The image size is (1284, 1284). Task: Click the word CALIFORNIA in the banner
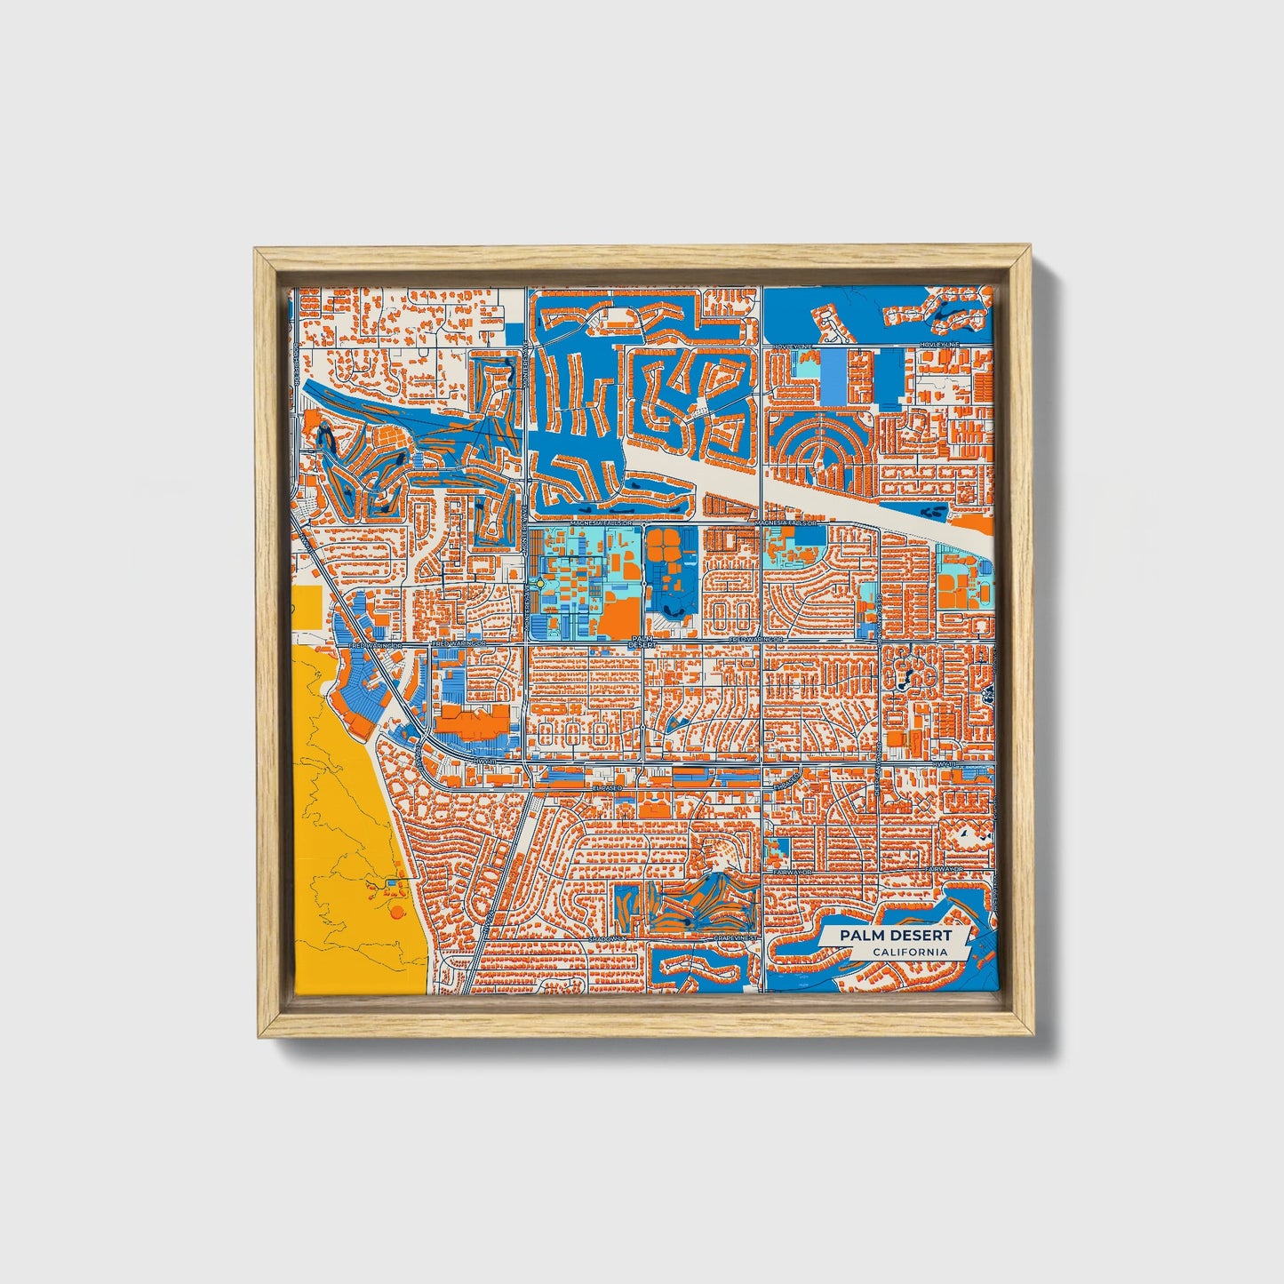(908, 953)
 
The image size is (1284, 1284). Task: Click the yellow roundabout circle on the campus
(540, 584)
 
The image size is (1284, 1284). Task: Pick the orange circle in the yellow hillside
(396, 912)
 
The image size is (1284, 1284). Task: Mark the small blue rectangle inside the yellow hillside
(392, 884)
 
